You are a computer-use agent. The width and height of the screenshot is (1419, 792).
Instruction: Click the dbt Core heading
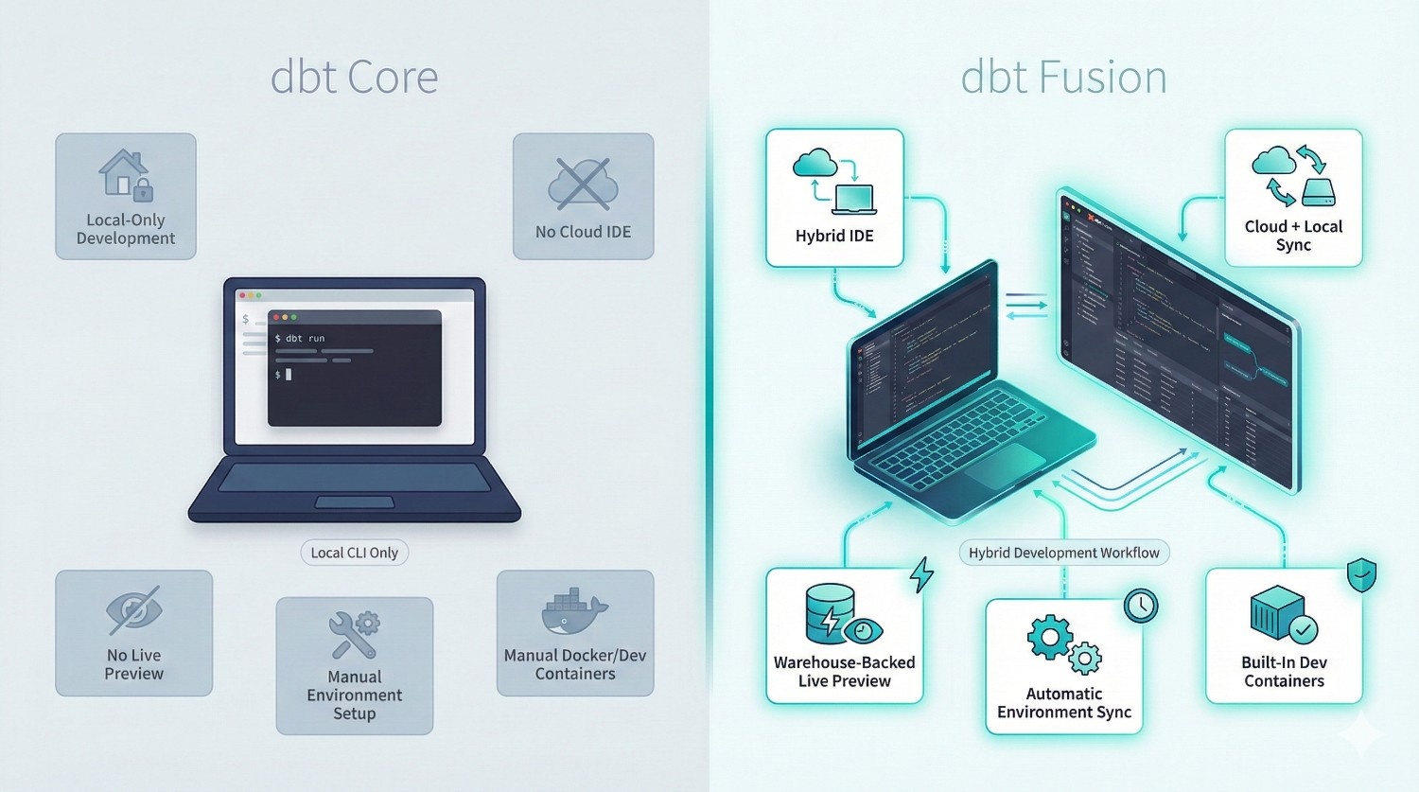354,78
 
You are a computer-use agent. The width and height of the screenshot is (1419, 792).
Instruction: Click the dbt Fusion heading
1063,78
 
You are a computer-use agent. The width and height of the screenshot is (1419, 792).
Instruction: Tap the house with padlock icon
125,175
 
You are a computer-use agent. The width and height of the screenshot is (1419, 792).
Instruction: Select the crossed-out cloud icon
583,184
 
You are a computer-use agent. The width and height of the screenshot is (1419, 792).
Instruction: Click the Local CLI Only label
354,553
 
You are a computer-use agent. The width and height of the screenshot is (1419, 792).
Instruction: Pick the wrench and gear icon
354,634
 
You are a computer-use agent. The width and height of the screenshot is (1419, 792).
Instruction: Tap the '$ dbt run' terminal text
300,338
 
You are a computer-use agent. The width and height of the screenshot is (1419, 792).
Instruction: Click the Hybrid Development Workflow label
1063,553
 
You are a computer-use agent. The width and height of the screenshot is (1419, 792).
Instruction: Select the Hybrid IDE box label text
834,236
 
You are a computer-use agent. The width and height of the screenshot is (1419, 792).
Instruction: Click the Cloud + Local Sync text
1293,236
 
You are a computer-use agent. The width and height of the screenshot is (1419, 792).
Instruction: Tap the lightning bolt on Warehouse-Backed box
920,574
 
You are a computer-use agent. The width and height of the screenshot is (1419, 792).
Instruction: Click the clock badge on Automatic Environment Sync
1141,606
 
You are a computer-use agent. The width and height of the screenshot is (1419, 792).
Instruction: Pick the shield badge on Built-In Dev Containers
1361,574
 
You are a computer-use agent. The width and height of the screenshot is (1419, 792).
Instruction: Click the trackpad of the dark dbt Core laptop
354,502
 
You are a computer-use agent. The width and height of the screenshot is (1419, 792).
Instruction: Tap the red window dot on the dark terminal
277,317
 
